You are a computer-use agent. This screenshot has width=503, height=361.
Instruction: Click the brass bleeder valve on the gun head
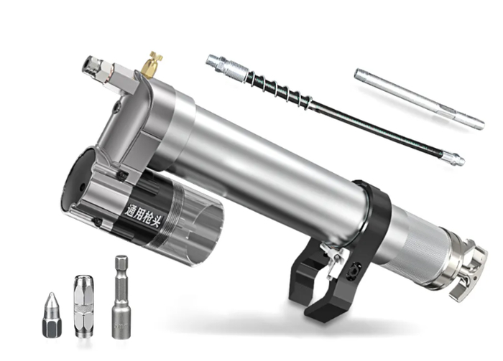pos(152,65)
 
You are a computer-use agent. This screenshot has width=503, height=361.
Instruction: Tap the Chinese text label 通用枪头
pos(143,215)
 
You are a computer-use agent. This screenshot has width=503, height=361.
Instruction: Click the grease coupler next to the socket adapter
pos(83,306)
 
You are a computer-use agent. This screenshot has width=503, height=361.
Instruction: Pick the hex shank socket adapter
pos(121,296)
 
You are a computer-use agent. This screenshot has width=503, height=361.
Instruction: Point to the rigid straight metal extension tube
pos(419,98)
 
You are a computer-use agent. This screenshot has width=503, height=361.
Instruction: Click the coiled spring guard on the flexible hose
pos(279,88)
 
